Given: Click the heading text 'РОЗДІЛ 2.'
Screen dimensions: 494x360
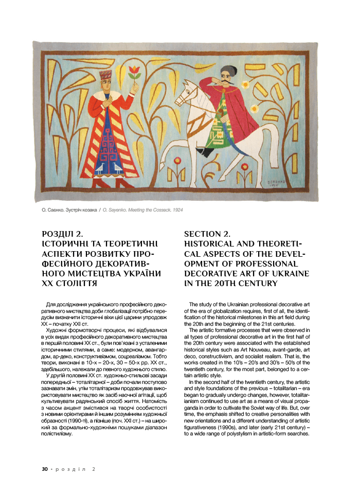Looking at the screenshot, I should (62, 235).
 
